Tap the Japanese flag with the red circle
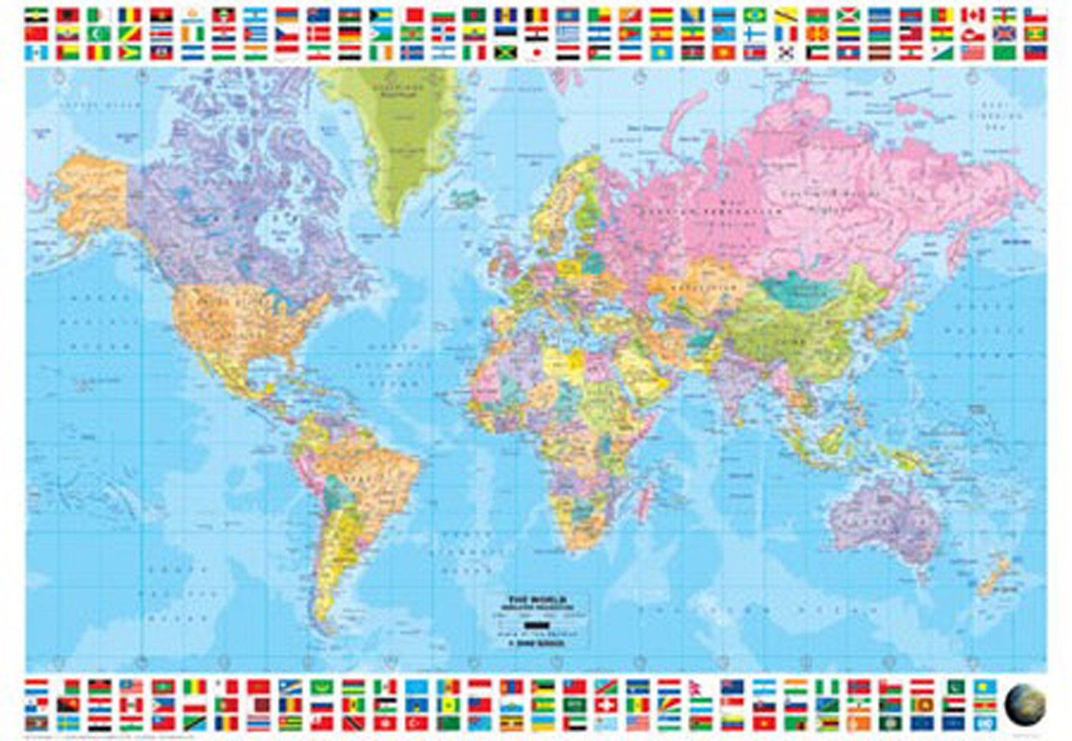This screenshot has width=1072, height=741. [x=536, y=53]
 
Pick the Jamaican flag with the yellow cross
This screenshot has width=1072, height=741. [x=506, y=53]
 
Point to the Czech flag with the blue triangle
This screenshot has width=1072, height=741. [x=286, y=34]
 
